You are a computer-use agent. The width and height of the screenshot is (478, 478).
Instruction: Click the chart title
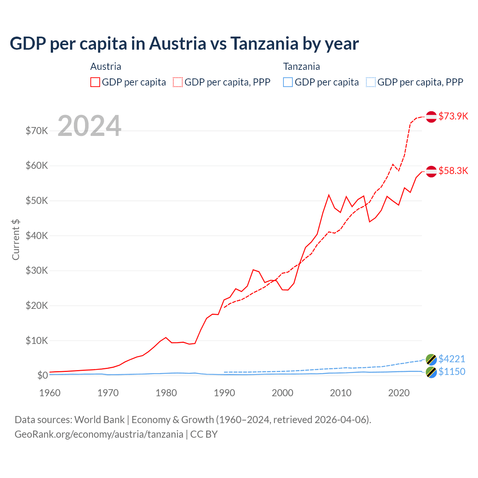184,44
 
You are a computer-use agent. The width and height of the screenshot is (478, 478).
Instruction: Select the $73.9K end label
453,116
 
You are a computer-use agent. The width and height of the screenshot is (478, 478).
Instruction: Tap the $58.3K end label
453,171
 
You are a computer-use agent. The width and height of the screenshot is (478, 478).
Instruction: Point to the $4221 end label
452,359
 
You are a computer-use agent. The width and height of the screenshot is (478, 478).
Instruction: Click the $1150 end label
452,372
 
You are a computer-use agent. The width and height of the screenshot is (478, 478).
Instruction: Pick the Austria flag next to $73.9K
431,117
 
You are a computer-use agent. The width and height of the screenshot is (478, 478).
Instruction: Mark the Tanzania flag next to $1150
431,372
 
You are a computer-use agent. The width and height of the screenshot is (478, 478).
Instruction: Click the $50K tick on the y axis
37,201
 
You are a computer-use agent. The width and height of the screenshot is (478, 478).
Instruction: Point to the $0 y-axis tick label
43,375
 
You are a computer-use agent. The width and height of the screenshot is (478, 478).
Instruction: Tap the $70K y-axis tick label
37,131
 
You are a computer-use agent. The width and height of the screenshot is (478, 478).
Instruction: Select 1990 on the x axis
224,393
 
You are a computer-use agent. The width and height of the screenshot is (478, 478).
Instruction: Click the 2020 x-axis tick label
399,393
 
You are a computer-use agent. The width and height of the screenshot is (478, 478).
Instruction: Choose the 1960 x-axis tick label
50,393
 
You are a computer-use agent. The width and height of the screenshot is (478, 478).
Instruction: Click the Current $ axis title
16,240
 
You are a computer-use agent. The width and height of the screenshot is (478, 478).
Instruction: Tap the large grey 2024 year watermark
90,126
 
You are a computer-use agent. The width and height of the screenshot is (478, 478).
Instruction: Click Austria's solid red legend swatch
95,82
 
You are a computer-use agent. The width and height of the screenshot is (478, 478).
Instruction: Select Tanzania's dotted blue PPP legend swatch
371,82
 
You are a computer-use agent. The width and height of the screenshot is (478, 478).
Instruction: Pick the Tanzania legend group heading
301,66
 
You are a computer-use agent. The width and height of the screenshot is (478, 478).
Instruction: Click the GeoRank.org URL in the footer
99,434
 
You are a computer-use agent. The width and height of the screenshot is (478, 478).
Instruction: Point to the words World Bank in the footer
99,420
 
